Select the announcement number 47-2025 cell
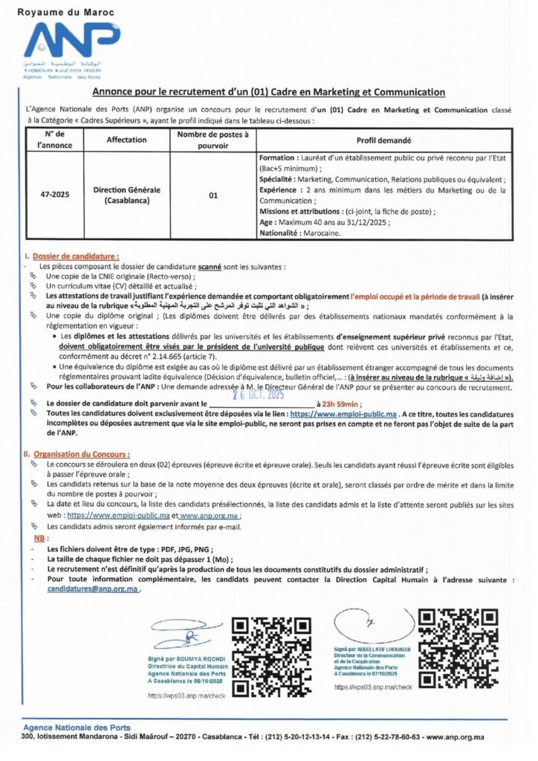point(55,195)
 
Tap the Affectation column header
point(126,139)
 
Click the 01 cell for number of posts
point(213,195)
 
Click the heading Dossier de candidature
point(75,256)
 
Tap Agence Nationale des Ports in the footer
point(77,727)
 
